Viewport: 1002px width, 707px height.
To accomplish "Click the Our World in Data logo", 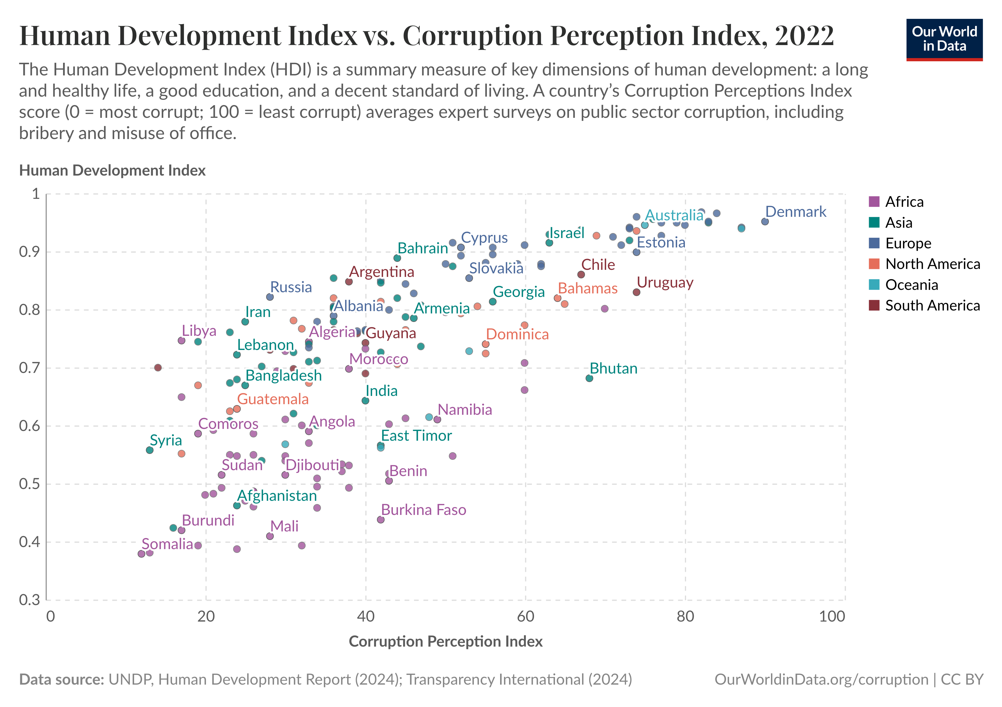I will [944, 39].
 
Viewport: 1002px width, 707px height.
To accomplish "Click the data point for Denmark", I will [764, 222].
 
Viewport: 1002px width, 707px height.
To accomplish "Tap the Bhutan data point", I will [589, 378].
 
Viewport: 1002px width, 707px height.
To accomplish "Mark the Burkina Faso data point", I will [380, 519].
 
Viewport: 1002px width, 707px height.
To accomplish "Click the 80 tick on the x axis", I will [685, 616].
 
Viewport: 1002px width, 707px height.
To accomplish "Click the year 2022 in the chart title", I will [804, 35].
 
